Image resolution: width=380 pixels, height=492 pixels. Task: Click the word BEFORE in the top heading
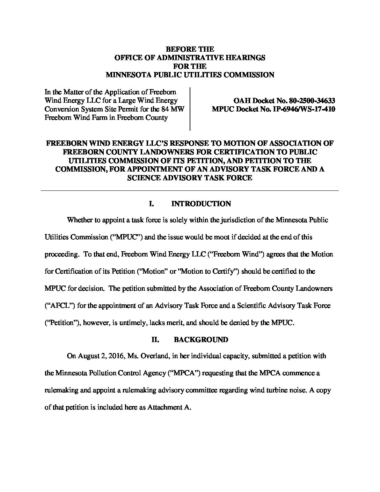(x=180, y=49)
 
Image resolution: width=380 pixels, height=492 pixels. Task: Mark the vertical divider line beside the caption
(x=190, y=109)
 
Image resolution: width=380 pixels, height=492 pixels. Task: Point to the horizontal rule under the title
(x=190, y=190)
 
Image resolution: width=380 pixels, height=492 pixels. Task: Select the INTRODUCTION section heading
(x=201, y=204)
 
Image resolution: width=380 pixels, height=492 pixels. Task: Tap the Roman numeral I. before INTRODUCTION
(x=152, y=204)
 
